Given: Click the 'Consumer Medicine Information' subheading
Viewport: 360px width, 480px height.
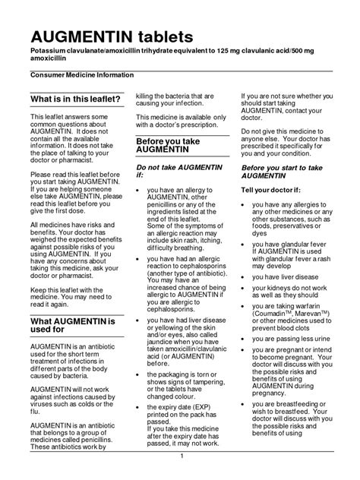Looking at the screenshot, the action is tap(82, 74).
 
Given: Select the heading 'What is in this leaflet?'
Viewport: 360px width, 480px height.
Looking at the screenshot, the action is tap(75, 99).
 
